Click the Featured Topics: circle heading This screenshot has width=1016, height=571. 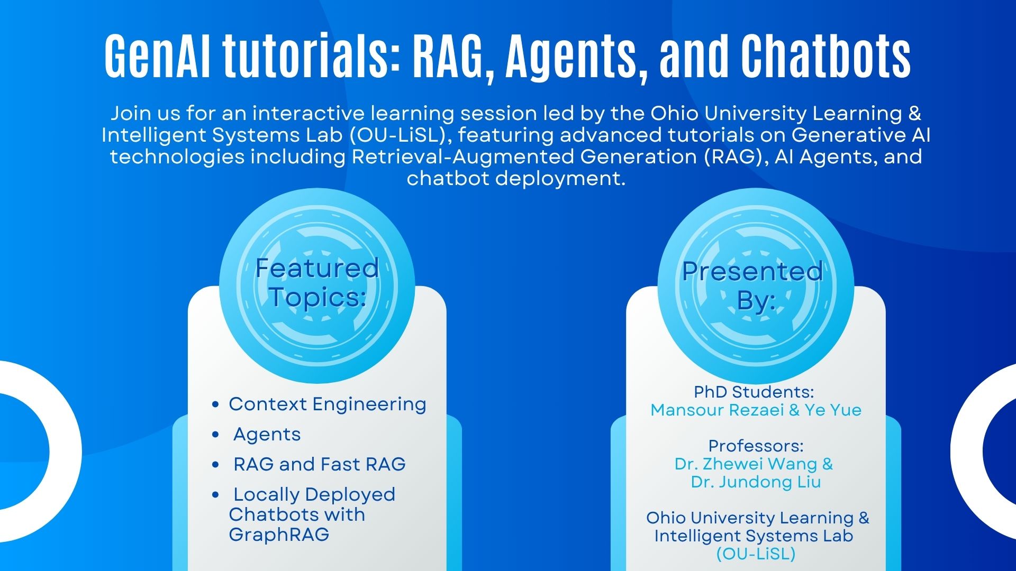click(x=317, y=282)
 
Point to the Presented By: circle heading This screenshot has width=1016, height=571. click(x=753, y=285)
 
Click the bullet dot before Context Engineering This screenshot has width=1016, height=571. click(x=215, y=404)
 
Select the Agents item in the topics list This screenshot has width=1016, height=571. click(x=267, y=435)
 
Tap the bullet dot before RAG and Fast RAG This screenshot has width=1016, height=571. click(x=215, y=465)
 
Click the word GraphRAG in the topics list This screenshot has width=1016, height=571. click(x=279, y=535)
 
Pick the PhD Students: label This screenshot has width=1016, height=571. click(x=754, y=392)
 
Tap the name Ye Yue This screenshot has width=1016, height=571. click(x=833, y=410)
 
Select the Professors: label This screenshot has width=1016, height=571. click(x=756, y=446)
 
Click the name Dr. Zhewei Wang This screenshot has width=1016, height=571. click(x=746, y=464)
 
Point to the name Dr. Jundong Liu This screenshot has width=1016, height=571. click(x=756, y=482)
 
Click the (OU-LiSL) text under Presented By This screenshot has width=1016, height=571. click(x=756, y=554)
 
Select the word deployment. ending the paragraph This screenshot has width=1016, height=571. click(x=560, y=179)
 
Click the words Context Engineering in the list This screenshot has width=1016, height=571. click(x=328, y=404)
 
